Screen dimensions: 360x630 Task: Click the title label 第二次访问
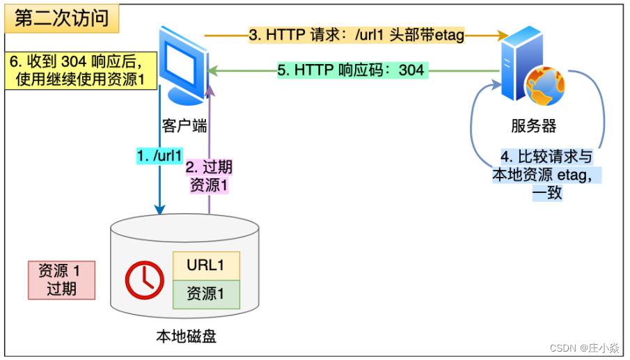click(x=62, y=19)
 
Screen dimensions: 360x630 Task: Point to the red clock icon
click(x=144, y=281)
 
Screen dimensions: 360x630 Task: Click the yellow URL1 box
click(x=205, y=265)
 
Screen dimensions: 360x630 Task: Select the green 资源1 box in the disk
click(x=205, y=294)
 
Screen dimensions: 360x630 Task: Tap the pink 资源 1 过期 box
click(x=61, y=280)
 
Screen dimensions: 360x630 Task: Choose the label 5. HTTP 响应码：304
click(x=351, y=70)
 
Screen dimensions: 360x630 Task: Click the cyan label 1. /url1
click(x=159, y=155)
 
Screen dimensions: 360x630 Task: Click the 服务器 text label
click(x=533, y=126)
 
